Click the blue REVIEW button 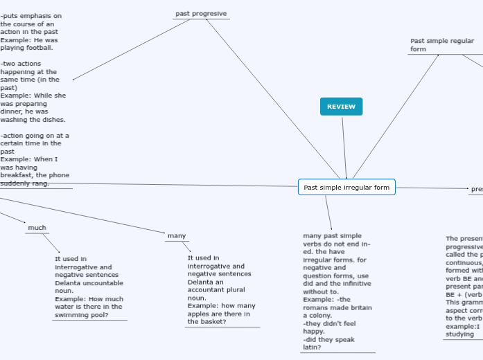[341, 107]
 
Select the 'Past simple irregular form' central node [346, 187]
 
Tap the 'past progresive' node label [201, 14]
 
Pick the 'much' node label [37, 228]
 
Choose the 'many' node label [177, 236]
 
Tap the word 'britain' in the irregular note [360, 308]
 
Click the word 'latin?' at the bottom [312, 348]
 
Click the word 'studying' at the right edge [460, 334]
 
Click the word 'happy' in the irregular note [314, 332]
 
